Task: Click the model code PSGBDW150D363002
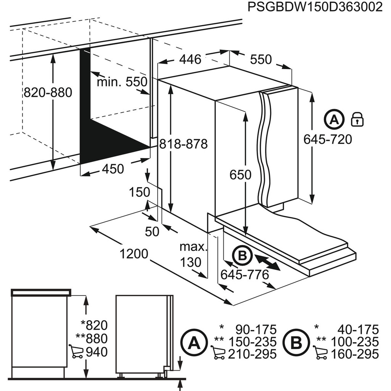pyautogui.click(x=315, y=7)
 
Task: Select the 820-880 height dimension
pyautogui.click(x=48, y=92)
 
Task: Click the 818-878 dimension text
pyautogui.click(x=184, y=144)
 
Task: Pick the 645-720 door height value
pyautogui.click(x=328, y=139)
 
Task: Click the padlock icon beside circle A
pyautogui.click(x=357, y=120)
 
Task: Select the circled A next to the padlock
pyautogui.click(x=334, y=120)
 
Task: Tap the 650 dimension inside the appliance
pyautogui.click(x=241, y=175)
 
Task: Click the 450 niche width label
pyautogui.click(x=113, y=169)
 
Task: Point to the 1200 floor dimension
pyautogui.click(x=134, y=253)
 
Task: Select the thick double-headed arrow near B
pyautogui.click(x=268, y=263)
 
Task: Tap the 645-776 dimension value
pyautogui.click(x=245, y=274)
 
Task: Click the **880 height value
pyautogui.click(x=94, y=339)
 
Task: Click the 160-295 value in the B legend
pyautogui.click(x=354, y=354)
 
